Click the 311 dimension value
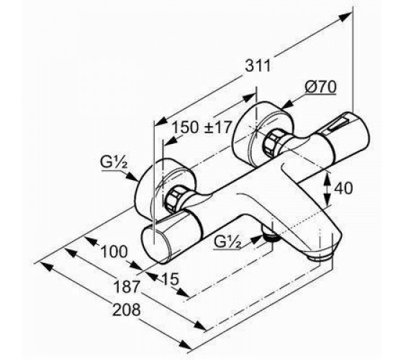click(x=258, y=66)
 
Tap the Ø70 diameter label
click(x=320, y=87)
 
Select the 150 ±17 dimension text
click(x=201, y=127)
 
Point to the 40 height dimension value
click(x=343, y=188)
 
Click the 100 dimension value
click(x=114, y=251)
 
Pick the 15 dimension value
click(x=170, y=279)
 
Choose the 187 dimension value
click(x=127, y=287)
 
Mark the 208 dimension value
click(x=127, y=310)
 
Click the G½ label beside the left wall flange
click(x=114, y=162)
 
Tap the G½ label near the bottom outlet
click(x=227, y=242)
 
